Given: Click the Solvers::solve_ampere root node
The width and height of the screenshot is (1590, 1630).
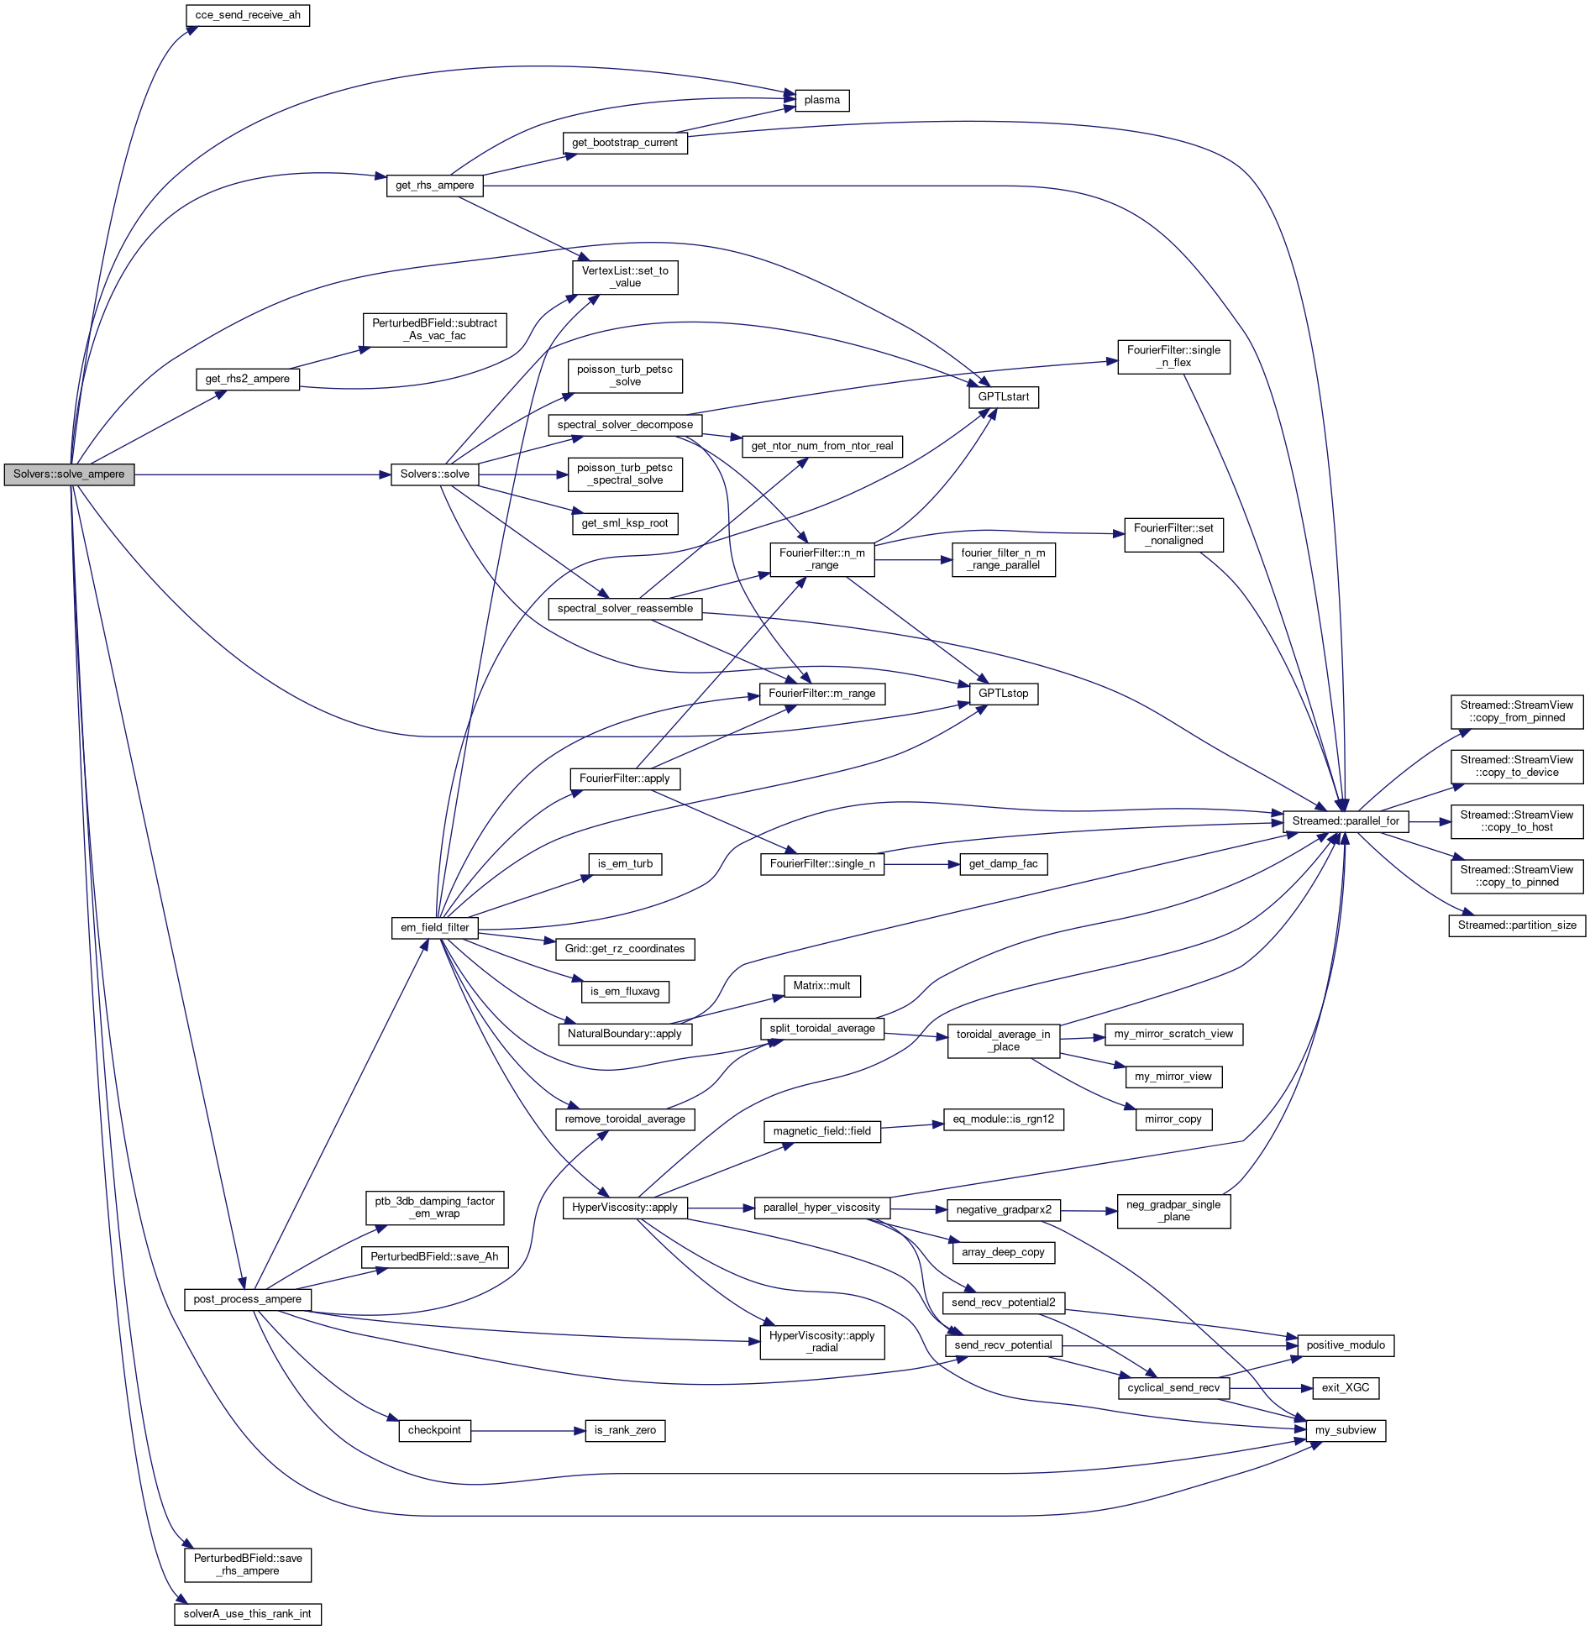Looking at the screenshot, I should click(x=69, y=474).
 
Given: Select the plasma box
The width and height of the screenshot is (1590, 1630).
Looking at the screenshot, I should click(x=821, y=101).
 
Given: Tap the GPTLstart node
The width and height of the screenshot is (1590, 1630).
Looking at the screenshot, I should click(x=1003, y=397).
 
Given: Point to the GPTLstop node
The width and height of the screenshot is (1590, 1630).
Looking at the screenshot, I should click(x=1003, y=694).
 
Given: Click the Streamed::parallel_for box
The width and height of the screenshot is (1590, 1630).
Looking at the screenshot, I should click(x=1346, y=821).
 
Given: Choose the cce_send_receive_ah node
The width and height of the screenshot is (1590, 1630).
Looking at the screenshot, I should click(x=248, y=15).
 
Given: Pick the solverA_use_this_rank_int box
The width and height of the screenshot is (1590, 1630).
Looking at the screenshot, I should click(x=248, y=1614).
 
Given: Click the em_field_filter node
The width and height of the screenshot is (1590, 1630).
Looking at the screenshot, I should click(x=435, y=928).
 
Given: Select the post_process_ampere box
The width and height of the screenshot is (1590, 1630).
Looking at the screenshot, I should click(x=248, y=1299).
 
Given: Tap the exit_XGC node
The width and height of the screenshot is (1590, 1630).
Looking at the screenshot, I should click(x=1346, y=1387).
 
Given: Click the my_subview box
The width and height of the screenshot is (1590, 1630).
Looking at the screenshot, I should click(x=1346, y=1430).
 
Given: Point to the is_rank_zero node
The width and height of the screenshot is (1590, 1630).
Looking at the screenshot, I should click(x=625, y=1430).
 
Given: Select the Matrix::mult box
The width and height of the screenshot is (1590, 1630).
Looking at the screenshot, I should click(x=821, y=986).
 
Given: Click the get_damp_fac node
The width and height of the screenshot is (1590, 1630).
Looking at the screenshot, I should click(x=1003, y=864).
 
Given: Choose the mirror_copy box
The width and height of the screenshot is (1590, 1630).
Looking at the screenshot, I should click(x=1173, y=1119).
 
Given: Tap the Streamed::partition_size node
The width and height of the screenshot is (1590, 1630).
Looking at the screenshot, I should click(x=1517, y=925).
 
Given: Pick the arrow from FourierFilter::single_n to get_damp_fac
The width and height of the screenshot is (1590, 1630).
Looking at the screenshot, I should click(x=921, y=864).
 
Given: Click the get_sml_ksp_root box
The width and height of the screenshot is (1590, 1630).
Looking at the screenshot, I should click(x=625, y=523).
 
